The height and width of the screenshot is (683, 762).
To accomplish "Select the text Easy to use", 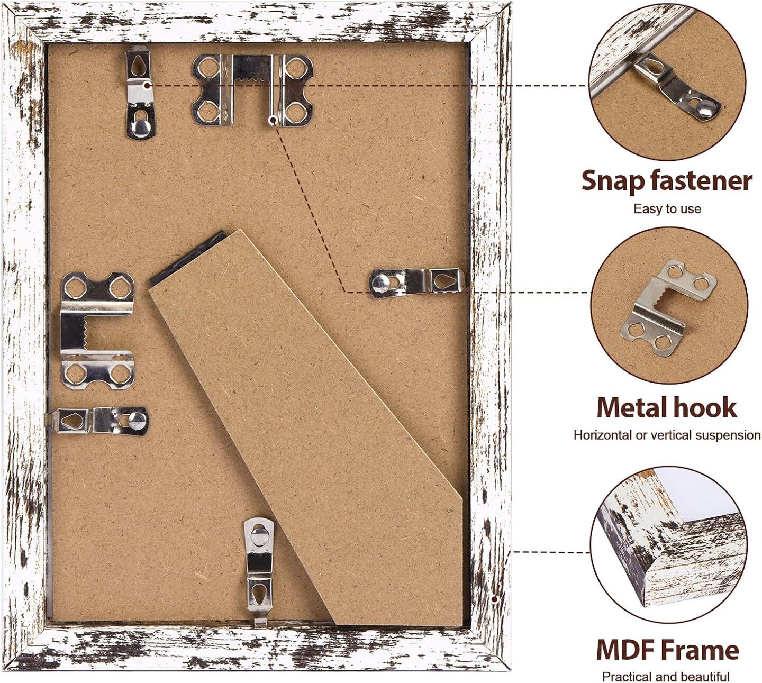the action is (667, 209).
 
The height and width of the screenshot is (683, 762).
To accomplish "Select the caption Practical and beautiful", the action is (666, 676).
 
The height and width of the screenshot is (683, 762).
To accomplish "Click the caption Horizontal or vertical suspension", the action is (667, 435).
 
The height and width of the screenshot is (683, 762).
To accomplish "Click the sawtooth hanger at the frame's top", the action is (253, 90).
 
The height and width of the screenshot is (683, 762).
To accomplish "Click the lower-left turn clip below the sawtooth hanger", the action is (98, 421).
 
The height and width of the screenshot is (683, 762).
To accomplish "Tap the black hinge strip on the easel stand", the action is (187, 257).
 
